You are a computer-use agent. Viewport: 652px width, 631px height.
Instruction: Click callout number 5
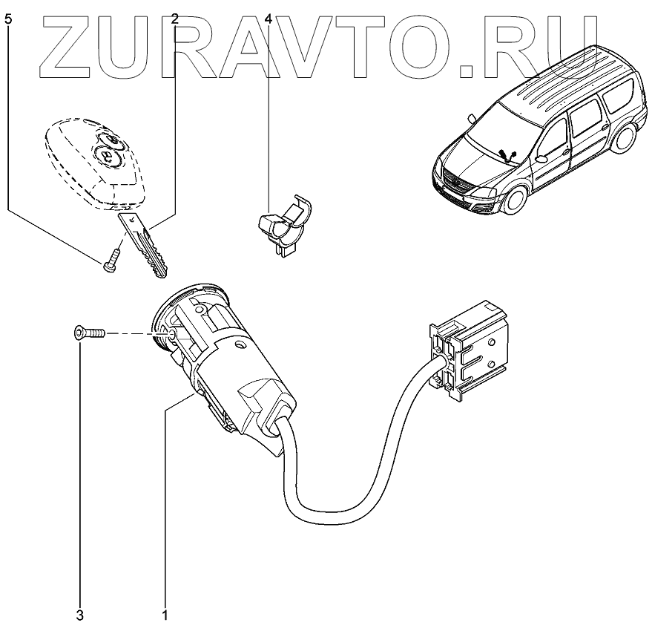pyautogui.click(x=8, y=20)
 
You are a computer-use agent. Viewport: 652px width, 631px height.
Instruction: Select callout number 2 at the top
pyautogui.click(x=175, y=20)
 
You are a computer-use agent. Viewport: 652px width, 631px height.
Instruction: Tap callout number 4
pyautogui.click(x=269, y=20)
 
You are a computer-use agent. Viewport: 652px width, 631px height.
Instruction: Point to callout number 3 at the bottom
pyautogui.click(x=80, y=615)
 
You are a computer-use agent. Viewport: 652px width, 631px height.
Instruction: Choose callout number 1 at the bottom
pyautogui.click(x=165, y=615)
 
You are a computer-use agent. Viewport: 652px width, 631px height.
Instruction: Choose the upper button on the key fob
pyautogui.click(x=109, y=140)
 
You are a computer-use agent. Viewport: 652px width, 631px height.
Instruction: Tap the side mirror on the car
pyautogui.click(x=542, y=157)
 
